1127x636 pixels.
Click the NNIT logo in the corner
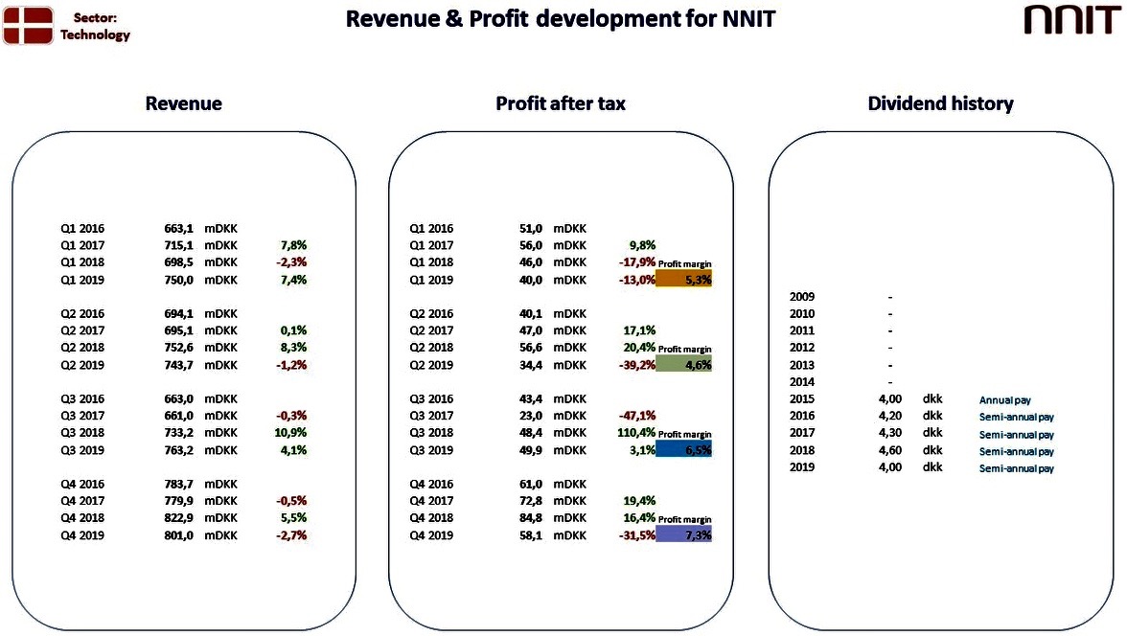[1071, 20]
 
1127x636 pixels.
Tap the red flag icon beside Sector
[28, 25]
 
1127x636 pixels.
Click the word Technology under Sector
[95, 34]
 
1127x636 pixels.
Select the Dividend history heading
[940, 103]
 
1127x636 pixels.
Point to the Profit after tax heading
[561, 103]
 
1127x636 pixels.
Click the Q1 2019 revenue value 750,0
[178, 281]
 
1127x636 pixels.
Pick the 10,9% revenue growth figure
[290, 433]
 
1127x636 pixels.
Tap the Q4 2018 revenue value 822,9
[178, 518]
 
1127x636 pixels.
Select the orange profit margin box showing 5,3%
[683, 279]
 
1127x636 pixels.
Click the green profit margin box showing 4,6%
[683, 364]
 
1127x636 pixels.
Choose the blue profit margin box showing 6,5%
[683, 449]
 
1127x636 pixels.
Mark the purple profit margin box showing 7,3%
[683, 534]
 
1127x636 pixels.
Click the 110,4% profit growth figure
[636, 433]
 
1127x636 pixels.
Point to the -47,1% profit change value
[636, 416]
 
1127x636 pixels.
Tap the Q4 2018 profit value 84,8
[531, 518]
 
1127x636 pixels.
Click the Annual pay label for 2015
[1004, 400]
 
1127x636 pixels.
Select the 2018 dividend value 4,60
[889, 450]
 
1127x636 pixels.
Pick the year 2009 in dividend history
[802, 297]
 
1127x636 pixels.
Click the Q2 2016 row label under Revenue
[82, 314]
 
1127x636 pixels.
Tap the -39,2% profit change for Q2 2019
[636, 365]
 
